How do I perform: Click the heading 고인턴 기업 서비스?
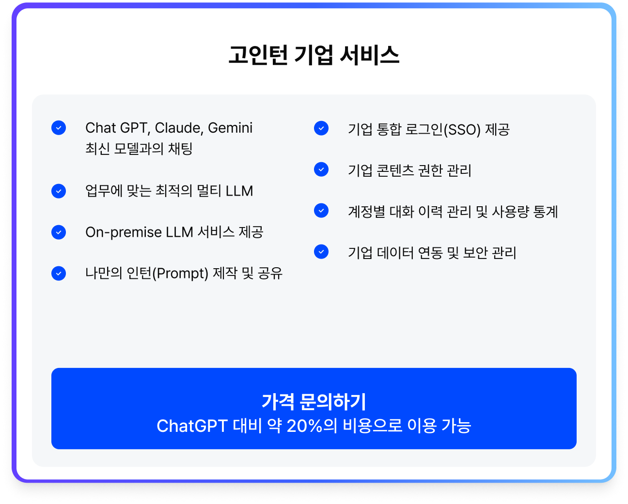[314, 55]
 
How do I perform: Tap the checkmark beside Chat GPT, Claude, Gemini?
[59, 128]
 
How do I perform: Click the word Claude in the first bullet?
[178, 128]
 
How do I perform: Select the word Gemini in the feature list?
[230, 128]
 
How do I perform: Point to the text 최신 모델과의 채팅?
[139, 149]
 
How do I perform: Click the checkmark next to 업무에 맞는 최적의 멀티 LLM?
[59, 191]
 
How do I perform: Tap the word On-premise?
[124, 232]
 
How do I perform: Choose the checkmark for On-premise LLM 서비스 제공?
[59, 232]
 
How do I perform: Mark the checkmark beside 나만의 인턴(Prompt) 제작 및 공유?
[59, 273]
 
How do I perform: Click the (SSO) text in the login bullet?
[462, 129]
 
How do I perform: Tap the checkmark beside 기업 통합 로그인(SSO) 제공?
[321, 128]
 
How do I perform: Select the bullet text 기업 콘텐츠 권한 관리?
[410, 170]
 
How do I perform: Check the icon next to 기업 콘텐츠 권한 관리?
[321, 169]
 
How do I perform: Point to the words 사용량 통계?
[525, 212]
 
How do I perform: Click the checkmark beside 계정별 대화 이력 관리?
[321, 211]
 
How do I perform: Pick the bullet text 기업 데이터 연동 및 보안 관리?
[432, 253]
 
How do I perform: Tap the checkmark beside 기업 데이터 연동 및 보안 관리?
[321, 252]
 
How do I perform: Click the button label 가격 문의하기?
[314, 402]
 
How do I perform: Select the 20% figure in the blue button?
[305, 426]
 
